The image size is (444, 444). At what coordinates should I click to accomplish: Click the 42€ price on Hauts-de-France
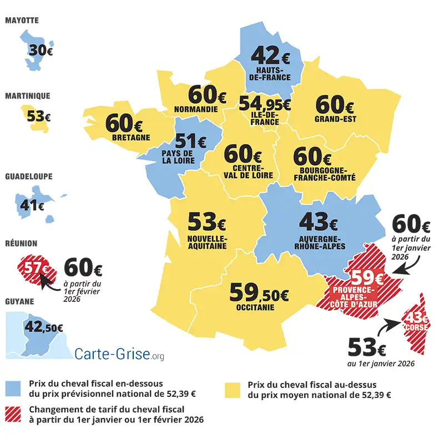coord(271,56)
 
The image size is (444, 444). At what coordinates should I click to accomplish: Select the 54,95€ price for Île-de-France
coord(264,104)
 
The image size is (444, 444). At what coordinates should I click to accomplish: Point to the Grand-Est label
coord(335,119)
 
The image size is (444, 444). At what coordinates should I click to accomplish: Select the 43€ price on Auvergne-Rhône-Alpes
coord(318,223)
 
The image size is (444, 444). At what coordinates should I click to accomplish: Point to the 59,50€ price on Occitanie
coord(259,292)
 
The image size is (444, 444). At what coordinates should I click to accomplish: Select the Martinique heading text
coord(28,96)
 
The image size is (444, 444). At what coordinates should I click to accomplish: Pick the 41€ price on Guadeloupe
coord(32,205)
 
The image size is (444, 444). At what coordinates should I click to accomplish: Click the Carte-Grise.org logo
coord(119,354)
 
